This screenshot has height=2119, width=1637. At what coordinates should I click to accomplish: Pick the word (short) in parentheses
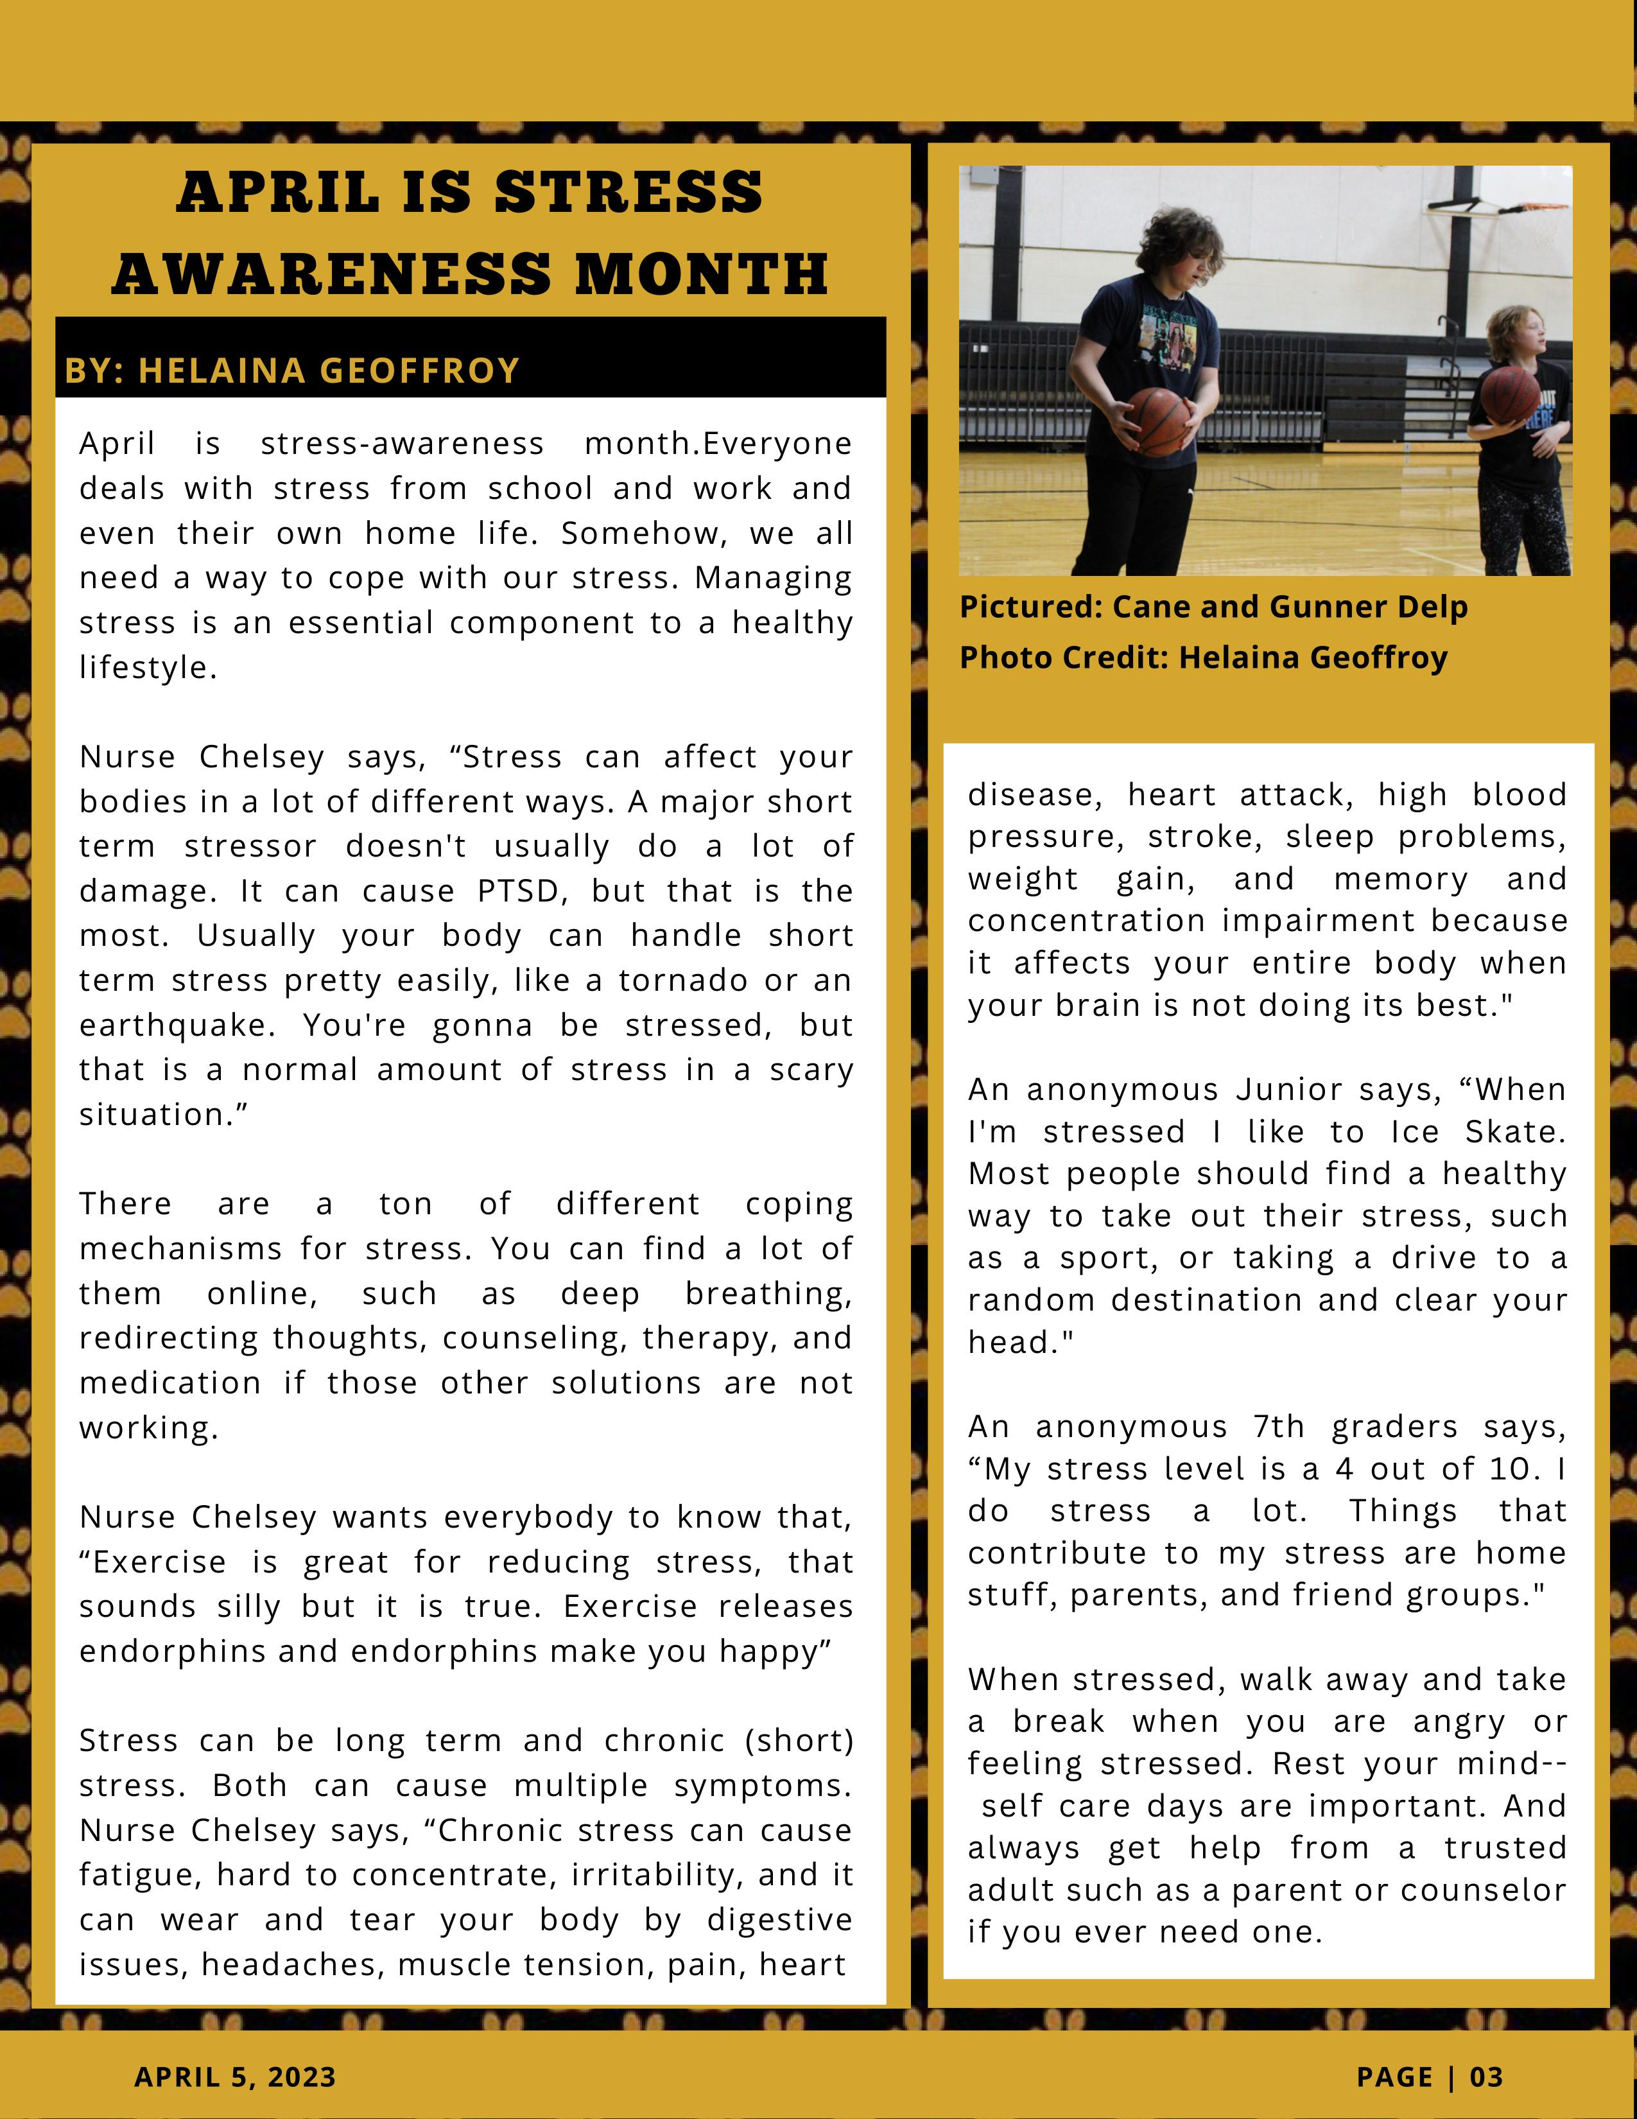799,1741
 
